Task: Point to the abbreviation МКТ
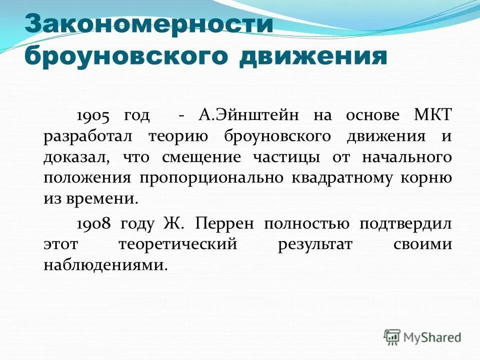coord(433,115)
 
